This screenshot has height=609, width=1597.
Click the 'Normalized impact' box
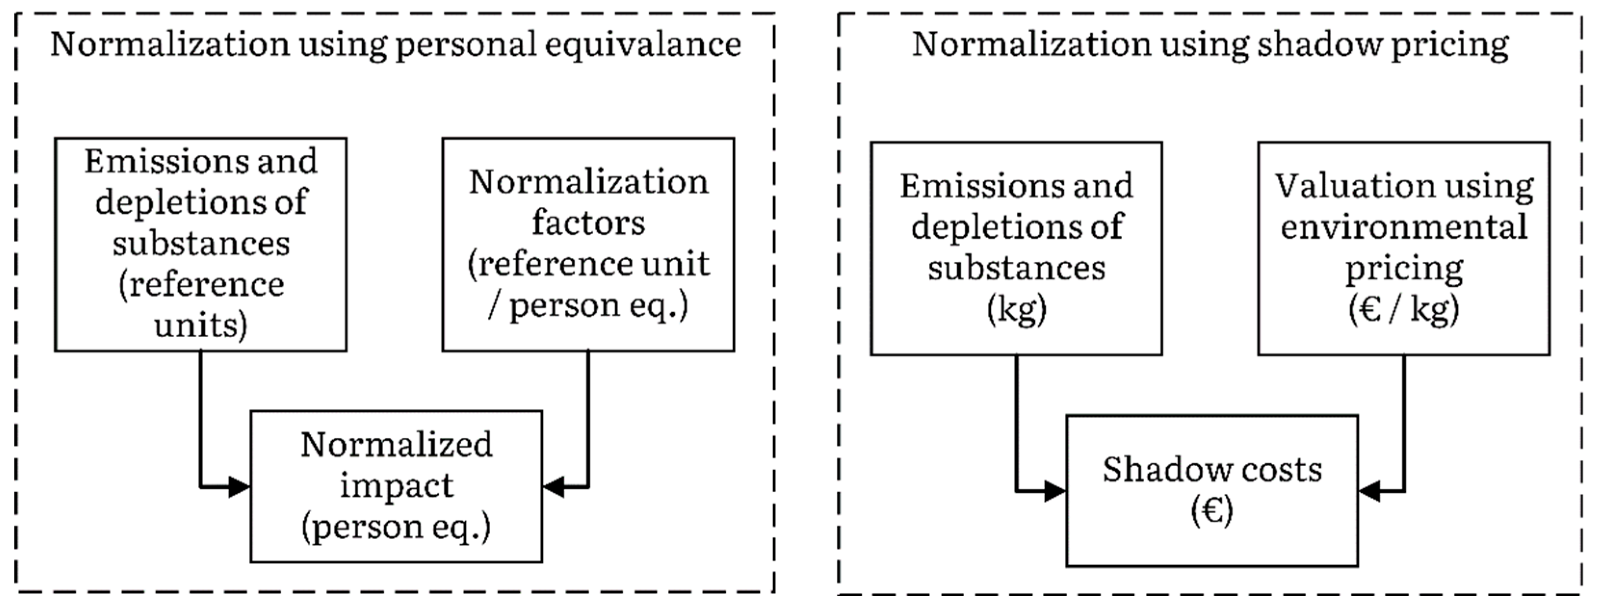click(396, 486)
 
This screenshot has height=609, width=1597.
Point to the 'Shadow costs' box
click(1211, 491)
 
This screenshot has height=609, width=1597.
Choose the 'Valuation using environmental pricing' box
click(1403, 248)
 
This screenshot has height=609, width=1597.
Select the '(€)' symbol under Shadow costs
click(1211, 512)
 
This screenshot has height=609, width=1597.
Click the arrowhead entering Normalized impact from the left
click(240, 487)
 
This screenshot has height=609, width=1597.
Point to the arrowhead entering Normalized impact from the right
click(553, 487)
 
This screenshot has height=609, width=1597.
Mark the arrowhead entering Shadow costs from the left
click(1055, 491)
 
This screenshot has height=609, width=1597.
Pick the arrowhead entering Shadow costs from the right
click(1368, 491)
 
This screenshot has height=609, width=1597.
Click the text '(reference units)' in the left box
click(201, 304)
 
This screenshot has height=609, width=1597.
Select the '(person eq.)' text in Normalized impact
click(396, 527)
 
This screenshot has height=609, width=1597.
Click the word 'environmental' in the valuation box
click(1403, 227)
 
